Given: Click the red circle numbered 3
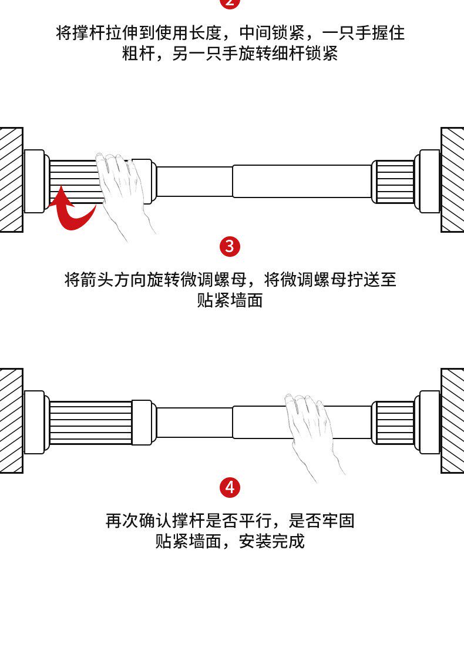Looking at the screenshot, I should pos(230,246).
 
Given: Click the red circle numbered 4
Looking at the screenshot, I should pos(230,487).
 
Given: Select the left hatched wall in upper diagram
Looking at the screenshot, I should pos(11,179).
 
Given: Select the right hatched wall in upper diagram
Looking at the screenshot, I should pos(452,179).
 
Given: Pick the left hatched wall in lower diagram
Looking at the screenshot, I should pos(11,420).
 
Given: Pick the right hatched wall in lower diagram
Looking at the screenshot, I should pos(452,420).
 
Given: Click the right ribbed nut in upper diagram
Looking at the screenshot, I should pos(394,182).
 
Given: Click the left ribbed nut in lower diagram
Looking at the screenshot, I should pos(90,423).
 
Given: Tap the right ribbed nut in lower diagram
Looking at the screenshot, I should pos(394,423).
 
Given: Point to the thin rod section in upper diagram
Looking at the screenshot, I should pos(194,182).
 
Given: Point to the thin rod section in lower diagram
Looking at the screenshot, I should pos(194,423).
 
